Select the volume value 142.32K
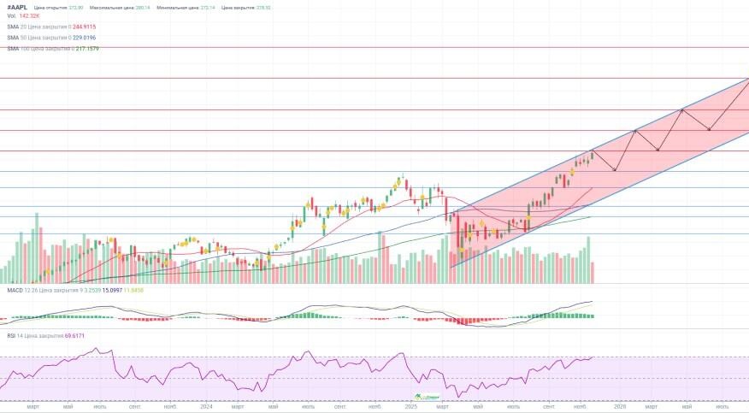click(29, 16)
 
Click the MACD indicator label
click(13, 291)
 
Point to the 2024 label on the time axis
click(206, 407)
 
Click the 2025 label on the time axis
click(411, 407)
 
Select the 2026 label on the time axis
click(618, 407)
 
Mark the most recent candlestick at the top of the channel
click(592, 154)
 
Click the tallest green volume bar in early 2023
click(37, 248)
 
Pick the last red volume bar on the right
click(593, 272)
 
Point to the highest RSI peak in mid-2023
click(97, 350)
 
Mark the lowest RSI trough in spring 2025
click(459, 395)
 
